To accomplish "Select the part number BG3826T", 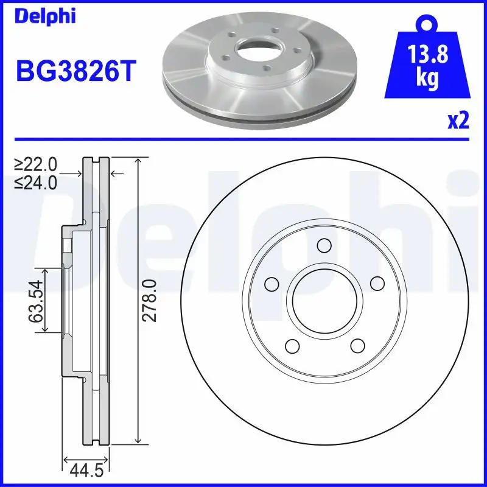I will pos(74,72).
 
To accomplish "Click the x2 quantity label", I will pos(458,122).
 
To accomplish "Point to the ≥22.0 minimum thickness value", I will pos(36,164).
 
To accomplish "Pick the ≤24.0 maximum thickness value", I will pos(36,181).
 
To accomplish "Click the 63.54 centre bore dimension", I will pos(37,301).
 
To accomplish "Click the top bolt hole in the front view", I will pos(324,246).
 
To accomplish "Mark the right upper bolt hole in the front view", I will pos(377,284).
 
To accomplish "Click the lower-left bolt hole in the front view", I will pos(291,346).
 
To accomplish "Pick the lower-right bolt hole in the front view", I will pos(357,346).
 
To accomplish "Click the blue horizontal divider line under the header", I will pos(243,139).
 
